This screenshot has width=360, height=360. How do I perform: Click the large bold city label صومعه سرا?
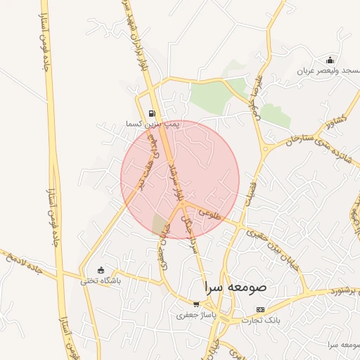point(235,288)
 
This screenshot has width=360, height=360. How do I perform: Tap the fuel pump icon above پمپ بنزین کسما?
point(152,113)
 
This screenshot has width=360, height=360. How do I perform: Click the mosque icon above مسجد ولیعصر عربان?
point(330,60)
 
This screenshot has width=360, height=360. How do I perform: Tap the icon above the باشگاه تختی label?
point(101,270)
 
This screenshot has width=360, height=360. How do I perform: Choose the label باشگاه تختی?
point(101,280)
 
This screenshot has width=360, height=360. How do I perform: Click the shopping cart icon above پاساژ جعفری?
point(195,304)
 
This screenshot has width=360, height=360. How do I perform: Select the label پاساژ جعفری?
point(195,315)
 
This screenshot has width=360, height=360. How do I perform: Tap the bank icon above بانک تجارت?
point(260,309)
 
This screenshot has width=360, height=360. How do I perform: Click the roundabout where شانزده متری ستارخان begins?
point(266,148)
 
